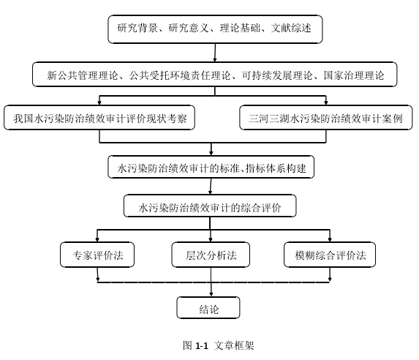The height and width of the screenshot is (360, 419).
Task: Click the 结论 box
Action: [x=208, y=307]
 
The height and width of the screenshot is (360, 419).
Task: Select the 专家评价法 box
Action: [x=97, y=255]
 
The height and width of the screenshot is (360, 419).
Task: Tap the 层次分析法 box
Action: [x=211, y=255]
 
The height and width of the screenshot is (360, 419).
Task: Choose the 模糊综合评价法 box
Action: [x=330, y=255]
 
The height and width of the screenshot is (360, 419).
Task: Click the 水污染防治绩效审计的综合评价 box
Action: [x=210, y=206]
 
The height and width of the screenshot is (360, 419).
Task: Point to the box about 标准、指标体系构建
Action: [x=211, y=167]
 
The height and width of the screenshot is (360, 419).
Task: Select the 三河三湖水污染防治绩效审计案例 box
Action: [x=326, y=118]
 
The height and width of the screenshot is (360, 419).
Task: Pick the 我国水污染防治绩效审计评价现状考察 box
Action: [x=99, y=118]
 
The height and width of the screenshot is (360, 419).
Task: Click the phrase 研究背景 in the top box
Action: [x=137, y=28]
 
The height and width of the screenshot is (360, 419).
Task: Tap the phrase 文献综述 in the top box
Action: [x=291, y=28]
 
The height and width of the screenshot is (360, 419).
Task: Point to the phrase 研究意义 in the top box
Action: [x=189, y=28]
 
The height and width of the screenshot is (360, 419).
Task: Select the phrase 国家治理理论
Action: [x=354, y=75]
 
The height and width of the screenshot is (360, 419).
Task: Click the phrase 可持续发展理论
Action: [x=277, y=75]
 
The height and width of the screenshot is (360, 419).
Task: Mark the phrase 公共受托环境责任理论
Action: [x=180, y=75]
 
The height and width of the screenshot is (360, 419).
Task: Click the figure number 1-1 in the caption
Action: [x=202, y=346]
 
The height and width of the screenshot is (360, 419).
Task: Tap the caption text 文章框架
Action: [x=234, y=345]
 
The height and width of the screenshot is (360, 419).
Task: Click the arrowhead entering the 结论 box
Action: [x=211, y=294]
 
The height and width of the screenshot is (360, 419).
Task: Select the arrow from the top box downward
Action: [x=215, y=53]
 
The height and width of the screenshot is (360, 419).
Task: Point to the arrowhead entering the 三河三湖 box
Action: [x=325, y=102]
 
